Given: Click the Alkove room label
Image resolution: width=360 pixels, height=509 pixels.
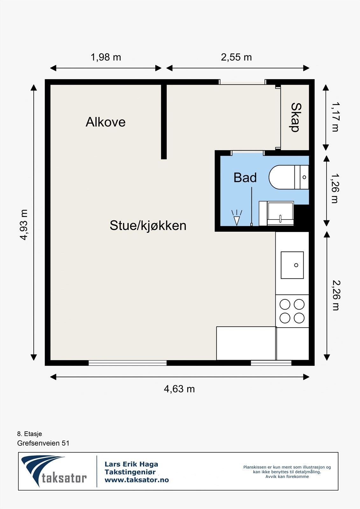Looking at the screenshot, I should tap(105, 122).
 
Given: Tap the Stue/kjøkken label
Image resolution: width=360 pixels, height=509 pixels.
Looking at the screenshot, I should tap(148, 226).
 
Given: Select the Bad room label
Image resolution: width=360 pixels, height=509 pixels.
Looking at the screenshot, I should tap(245, 178).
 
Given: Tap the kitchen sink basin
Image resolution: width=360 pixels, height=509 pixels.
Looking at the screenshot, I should tap(292, 265).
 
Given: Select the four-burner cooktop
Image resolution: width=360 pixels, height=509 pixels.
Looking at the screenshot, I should tap(292, 311).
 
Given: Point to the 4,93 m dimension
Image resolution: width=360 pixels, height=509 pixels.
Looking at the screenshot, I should tap(24, 225).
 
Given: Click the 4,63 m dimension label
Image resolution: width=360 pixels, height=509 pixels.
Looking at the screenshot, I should tap(179, 389).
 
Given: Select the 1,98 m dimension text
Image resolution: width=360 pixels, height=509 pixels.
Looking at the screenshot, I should tap(106, 57).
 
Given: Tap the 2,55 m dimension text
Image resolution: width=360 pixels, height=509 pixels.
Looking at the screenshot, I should tap(236, 57).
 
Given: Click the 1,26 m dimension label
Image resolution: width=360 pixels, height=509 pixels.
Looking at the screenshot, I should tap(335, 188).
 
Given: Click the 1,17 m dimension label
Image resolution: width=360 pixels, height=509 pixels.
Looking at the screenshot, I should tap(335, 117).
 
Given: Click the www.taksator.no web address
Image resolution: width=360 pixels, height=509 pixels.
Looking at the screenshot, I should tap(137, 480).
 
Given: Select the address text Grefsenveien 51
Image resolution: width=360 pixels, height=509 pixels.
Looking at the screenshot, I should tap(43, 443).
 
